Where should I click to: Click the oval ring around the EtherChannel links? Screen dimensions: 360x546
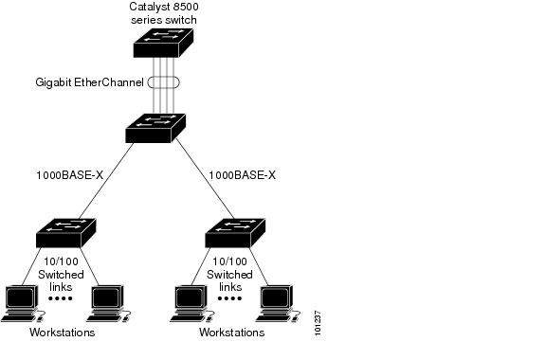point(164,82)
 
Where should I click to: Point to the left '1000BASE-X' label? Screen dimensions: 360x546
point(69,175)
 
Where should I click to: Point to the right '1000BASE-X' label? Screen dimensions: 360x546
point(242,175)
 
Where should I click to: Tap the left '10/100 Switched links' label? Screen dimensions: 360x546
point(61,274)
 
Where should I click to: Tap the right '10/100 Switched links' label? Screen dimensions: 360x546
point(230,274)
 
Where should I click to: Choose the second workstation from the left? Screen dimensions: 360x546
point(106,302)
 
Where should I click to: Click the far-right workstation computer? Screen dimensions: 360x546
point(276,302)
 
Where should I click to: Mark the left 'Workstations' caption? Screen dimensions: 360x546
point(62,333)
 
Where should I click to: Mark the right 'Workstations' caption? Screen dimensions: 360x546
point(231,333)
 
